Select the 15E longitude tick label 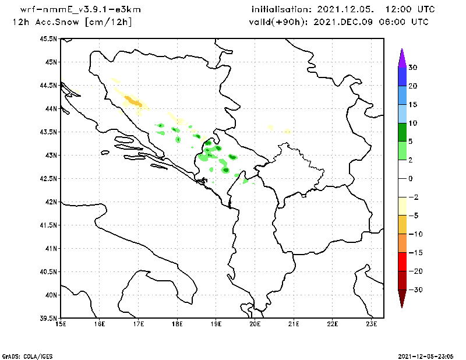(x=60, y=324)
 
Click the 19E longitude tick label (x=216, y=324)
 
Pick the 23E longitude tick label (x=372, y=324)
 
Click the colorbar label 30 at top (x=412, y=68)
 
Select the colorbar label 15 (x=412, y=104)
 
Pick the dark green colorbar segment (x=402, y=132)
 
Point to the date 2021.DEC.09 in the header (x=349, y=22)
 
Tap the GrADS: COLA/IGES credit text (x=23, y=355)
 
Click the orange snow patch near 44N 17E (x=134, y=102)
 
